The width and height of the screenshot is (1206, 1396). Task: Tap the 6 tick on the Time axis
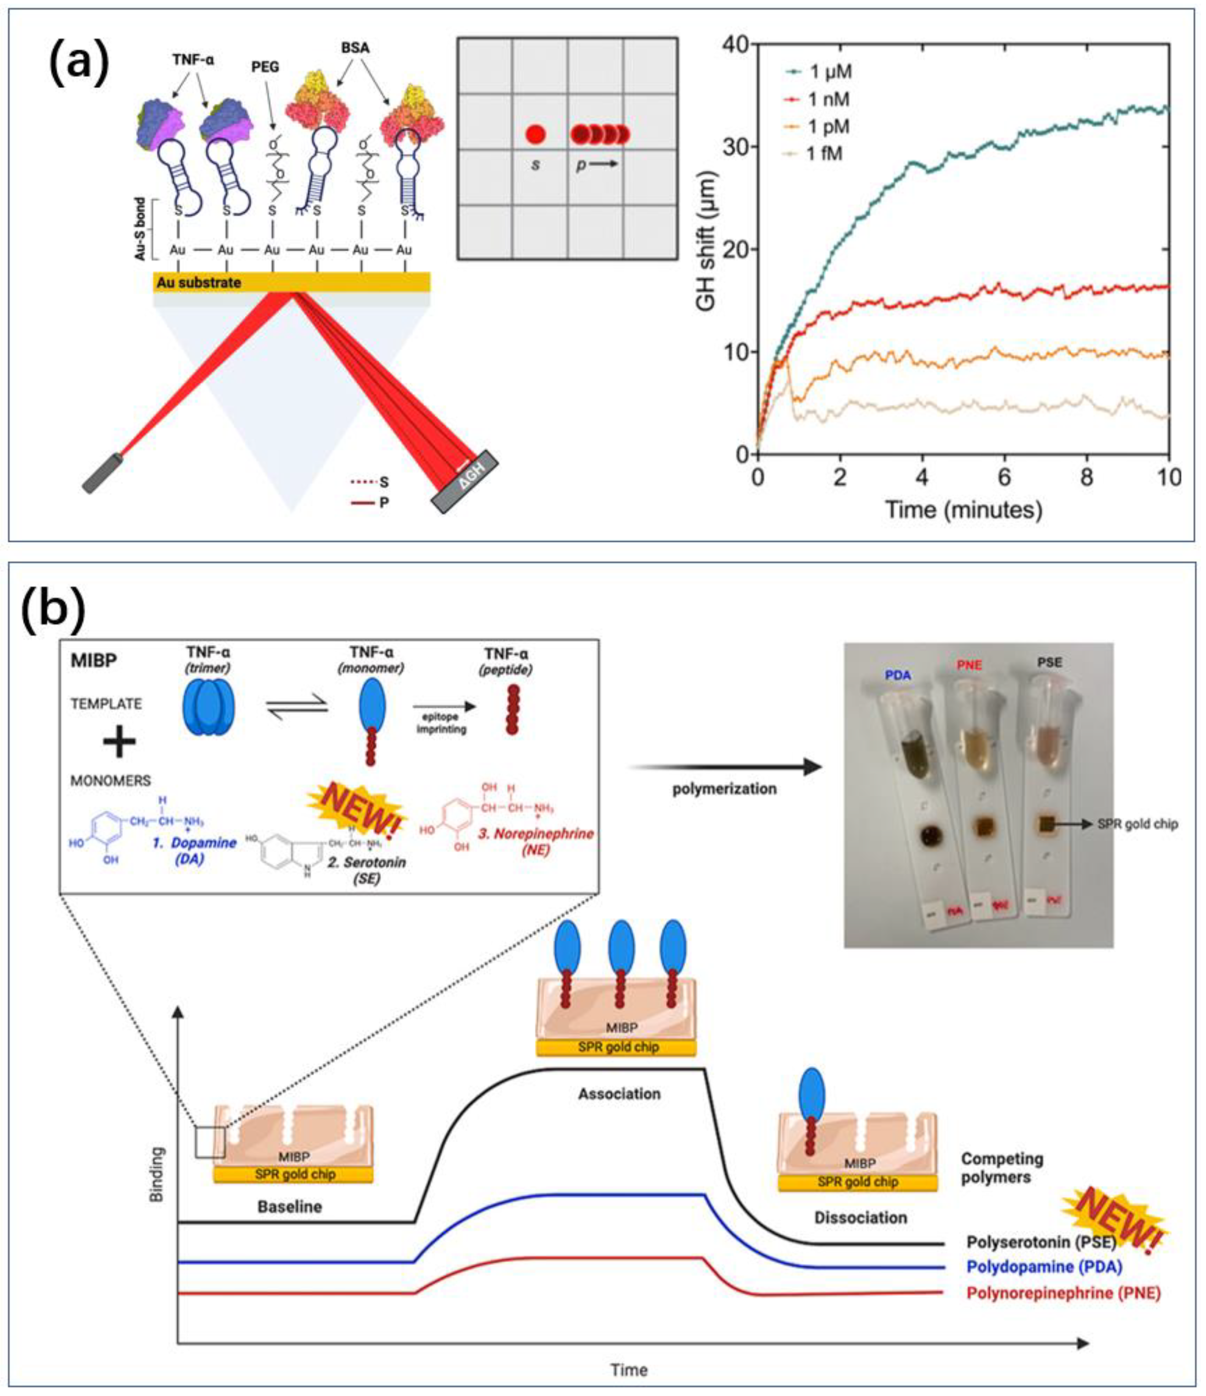1004,477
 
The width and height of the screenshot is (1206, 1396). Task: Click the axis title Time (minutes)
964,509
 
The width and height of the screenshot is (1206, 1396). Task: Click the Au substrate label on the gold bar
199,282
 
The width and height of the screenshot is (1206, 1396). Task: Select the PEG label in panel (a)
265,67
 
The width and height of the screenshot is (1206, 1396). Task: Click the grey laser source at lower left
102,473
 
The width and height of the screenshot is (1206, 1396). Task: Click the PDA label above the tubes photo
898,676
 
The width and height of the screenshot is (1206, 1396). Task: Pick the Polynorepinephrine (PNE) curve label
1063,1292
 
